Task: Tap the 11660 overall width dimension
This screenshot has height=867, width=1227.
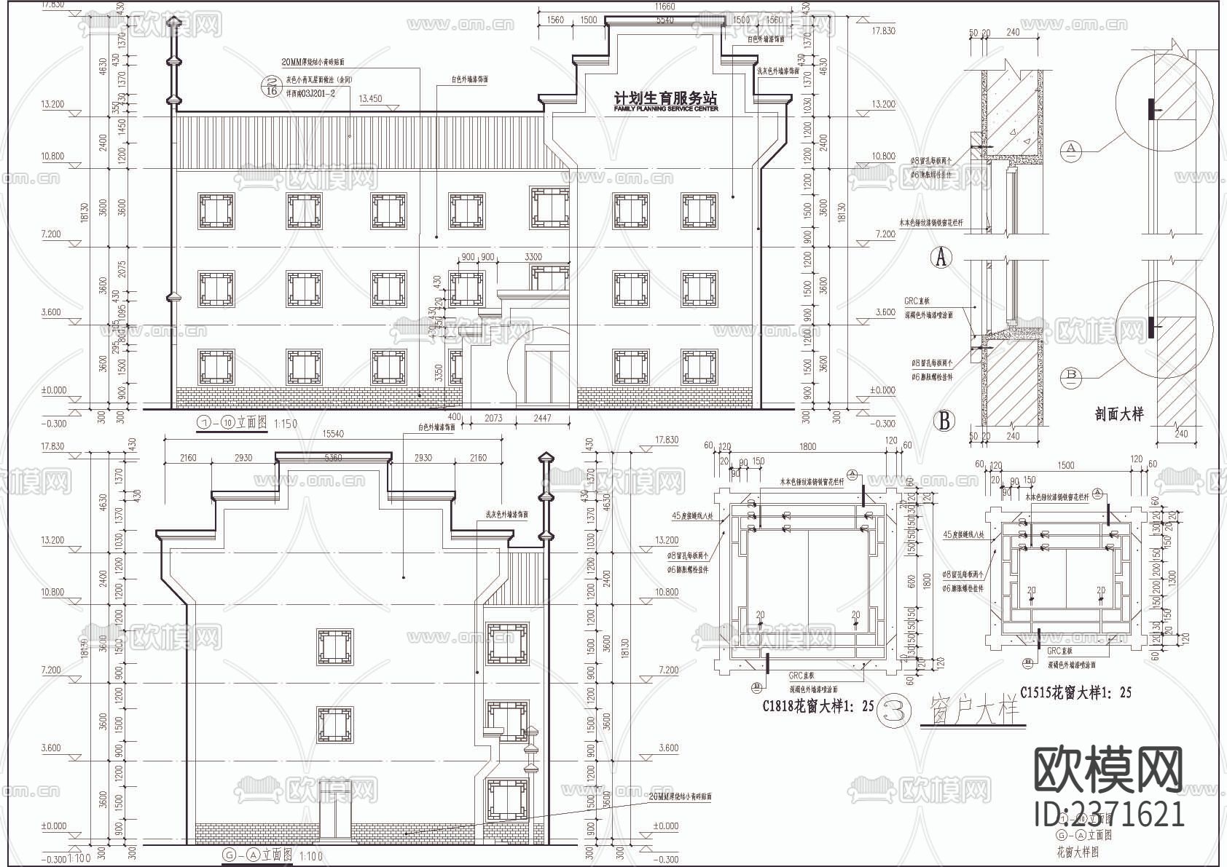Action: pos(664,7)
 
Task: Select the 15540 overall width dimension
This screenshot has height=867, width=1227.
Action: pos(332,434)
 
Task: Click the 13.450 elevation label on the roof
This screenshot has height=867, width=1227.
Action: pos(370,98)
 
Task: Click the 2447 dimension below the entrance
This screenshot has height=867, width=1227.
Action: pos(542,419)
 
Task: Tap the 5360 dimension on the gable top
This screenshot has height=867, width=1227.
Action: pos(332,458)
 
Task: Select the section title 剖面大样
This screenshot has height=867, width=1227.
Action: pos(1118,414)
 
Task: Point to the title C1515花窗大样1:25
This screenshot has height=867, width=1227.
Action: pos(1075,692)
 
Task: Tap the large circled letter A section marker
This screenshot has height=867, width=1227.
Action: pos(943,257)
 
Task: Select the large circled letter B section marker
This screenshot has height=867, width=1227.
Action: pos(944,421)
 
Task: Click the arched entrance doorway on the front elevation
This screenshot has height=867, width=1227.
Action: pos(539,368)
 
